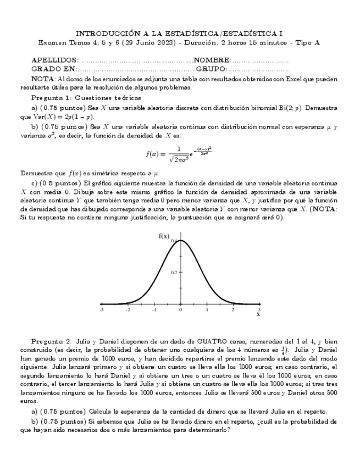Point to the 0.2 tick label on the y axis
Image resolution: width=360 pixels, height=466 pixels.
tap(173, 273)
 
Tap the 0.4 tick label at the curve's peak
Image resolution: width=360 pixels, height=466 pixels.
tap(174, 241)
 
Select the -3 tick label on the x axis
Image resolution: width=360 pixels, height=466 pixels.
tap(101, 310)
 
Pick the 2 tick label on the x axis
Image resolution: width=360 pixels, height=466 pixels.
tap(233, 310)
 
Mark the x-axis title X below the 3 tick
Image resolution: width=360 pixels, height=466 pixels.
tap(258, 315)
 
